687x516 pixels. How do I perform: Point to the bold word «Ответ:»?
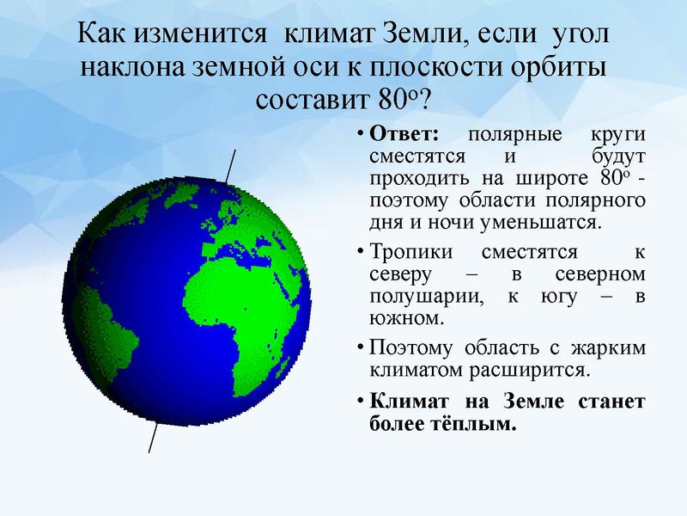(x=404, y=137)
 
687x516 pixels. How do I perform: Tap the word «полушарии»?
(x=418, y=298)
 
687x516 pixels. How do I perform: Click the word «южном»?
(x=406, y=319)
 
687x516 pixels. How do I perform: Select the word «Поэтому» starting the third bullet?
(x=410, y=350)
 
